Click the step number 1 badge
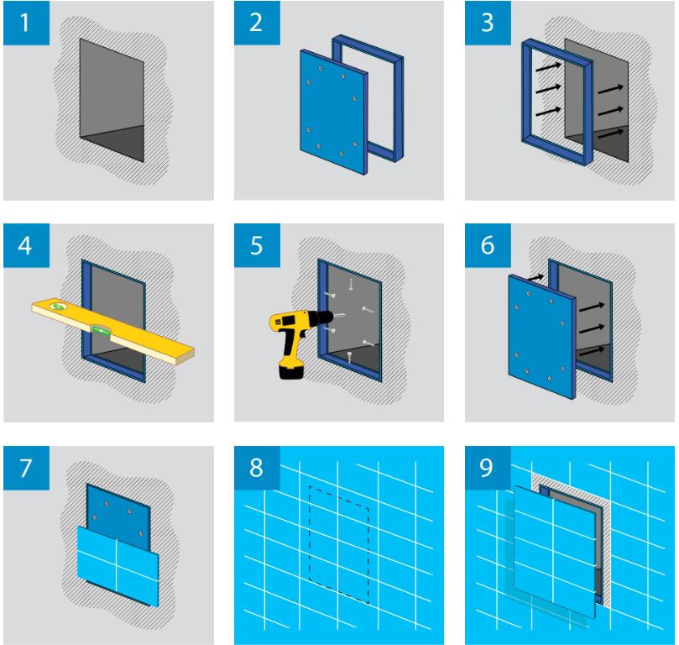[26, 23]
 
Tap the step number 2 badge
[257, 23]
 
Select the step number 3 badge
[488, 23]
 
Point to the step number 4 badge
[26, 245]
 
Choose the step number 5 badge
[257, 245]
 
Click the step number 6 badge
[488, 245]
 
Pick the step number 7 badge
[26, 469]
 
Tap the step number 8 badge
[257, 469]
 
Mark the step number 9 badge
[488, 469]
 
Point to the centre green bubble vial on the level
[100, 332]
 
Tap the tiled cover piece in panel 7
[118, 566]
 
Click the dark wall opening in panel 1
[112, 100]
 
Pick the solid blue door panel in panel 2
[333, 112]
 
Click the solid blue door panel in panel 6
[542, 336]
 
